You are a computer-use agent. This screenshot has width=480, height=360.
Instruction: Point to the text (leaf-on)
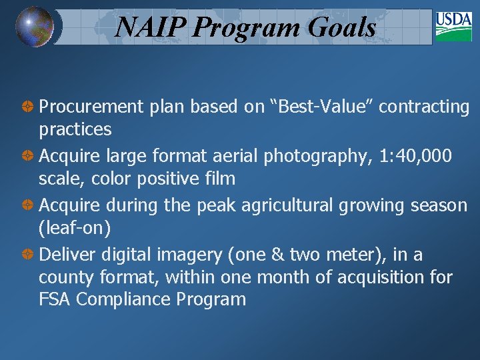(75, 228)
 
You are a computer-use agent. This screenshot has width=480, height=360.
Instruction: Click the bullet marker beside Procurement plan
(29, 107)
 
